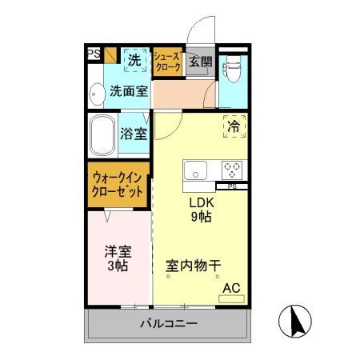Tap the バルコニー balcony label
pos(168,324)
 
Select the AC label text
pos(231,287)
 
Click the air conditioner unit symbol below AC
pos(231,298)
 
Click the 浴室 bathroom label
pos(133,134)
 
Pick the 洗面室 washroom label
pos(129,91)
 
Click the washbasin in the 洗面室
pos(95,94)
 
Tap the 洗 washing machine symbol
pos(135,59)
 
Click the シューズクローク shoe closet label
pos(167,62)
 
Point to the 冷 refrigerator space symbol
pos(234,126)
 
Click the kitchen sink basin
pos(196,170)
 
